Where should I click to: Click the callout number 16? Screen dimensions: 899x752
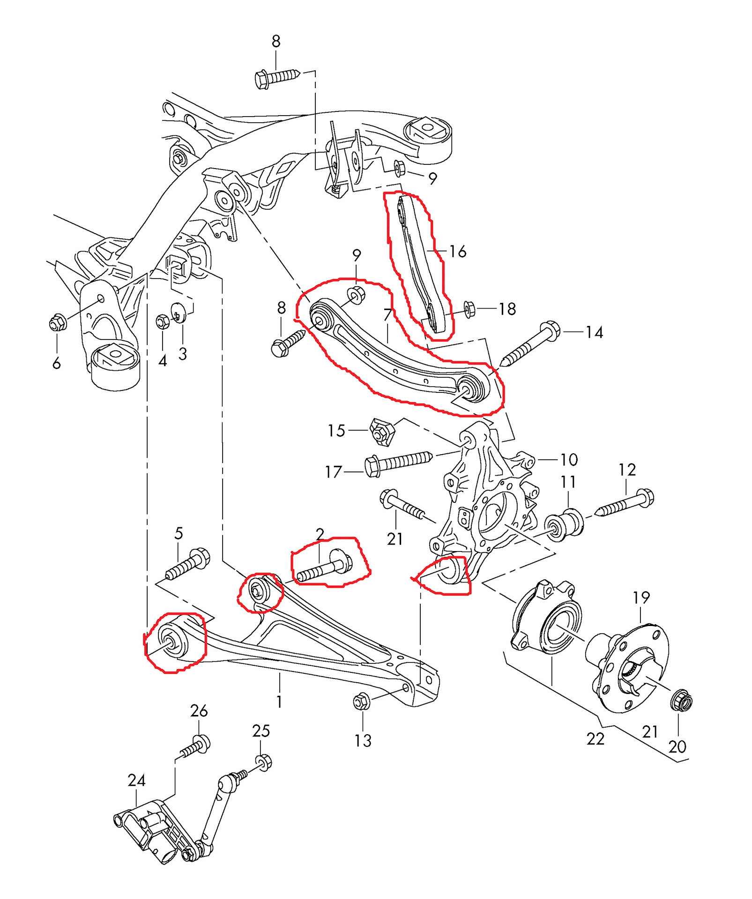pyautogui.click(x=458, y=252)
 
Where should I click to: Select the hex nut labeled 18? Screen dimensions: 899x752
pyautogui.click(x=469, y=309)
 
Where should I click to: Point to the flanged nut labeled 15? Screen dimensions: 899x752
pyautogui.click(x=382, y=432)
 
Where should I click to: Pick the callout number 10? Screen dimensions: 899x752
pyautogui.click(x=569, y=460)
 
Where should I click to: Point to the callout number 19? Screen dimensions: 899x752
pyautogui.click(x=641, y=598)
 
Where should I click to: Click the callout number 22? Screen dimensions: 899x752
pyautogui.click(x=596, y=739)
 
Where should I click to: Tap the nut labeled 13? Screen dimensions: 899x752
pyautogui.click(x=361, y=701)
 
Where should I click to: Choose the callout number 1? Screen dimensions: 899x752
pyautogui.click(x=279, y=701)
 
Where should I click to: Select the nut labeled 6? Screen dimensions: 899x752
pyautogui.click(x=58, y=323)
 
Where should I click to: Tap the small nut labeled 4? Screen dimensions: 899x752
pyautogui.click(x=162, y=322)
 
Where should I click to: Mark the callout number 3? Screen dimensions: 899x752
pyautogui.click(x=183, y=354)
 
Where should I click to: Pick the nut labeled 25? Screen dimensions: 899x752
pyautogui.click(x=264, y=762)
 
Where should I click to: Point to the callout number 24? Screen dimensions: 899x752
pyautogui.click(x=136, y=780)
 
